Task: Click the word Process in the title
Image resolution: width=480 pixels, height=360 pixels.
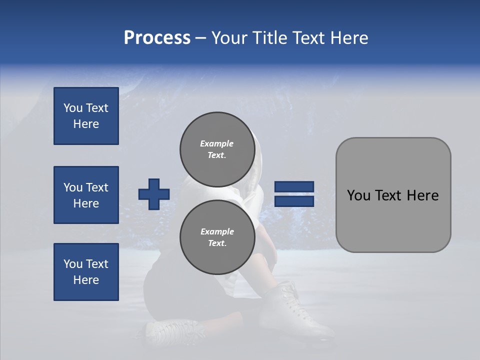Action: pos(157,38)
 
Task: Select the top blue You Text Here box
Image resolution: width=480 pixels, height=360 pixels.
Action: pos(86,116)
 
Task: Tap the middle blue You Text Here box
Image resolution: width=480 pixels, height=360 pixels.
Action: pos(86,195)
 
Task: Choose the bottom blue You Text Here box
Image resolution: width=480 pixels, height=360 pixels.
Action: pos(86,272)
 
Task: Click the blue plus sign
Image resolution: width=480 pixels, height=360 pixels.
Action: pos(154,194)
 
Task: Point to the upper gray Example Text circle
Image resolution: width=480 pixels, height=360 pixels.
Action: pos(216,149)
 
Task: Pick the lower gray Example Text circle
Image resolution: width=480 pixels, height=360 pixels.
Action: pos(217,237)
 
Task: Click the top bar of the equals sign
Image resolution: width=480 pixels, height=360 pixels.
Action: pos(294,187)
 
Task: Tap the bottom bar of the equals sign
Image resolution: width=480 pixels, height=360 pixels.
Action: pos(294,201)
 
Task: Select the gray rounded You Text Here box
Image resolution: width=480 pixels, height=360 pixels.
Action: pos(393,195)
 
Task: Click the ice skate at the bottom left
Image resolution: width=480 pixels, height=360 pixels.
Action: pos(172,332)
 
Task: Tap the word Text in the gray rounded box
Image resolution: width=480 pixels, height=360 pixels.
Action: pos(393,195)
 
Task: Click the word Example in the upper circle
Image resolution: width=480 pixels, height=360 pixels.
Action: pos(216,143)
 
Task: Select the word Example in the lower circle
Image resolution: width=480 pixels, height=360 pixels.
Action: pos(217,231)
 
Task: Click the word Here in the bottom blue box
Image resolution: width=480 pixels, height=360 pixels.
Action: pos(86,280)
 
